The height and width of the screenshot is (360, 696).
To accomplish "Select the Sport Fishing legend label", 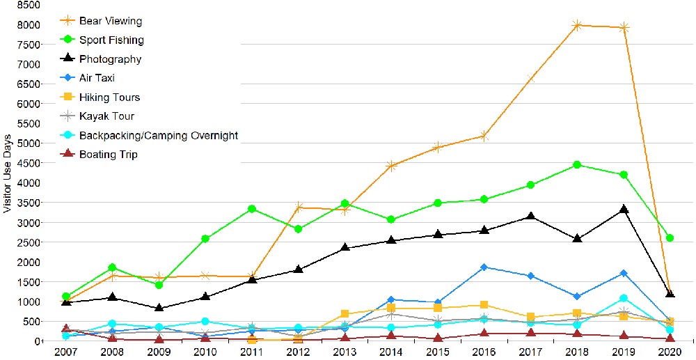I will [x=111, y=40].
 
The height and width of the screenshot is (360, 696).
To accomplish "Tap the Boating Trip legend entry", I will [x=109, y=155].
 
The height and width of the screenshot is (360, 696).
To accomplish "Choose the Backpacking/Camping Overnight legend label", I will [x=159, y=135].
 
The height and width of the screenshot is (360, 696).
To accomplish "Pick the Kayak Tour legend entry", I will [x=106, y=116].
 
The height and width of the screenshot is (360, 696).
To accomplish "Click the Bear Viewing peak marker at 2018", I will [x=577, y=25].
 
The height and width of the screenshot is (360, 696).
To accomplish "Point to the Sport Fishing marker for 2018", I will [x=577, y=165].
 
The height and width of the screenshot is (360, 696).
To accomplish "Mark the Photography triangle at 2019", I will [x=624, y=209].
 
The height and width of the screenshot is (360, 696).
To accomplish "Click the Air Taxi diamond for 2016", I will [x=484, y=267].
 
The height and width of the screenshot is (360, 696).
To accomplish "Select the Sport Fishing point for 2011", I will [x=252, y=209].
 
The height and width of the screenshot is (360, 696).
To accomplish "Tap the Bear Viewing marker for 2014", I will [x=391, y=166].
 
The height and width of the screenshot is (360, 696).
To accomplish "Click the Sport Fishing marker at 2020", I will [x=670, y=238].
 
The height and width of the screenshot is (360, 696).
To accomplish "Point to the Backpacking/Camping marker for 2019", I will [x=624, y=299].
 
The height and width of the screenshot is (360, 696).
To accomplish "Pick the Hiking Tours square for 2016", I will [x=484, y=305].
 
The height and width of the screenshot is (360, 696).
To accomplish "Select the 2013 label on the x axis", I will [x=345, y=352].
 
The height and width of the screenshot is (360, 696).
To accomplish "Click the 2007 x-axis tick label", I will [x=66, y=352].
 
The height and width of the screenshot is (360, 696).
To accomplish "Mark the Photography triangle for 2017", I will [x=530, y=217].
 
